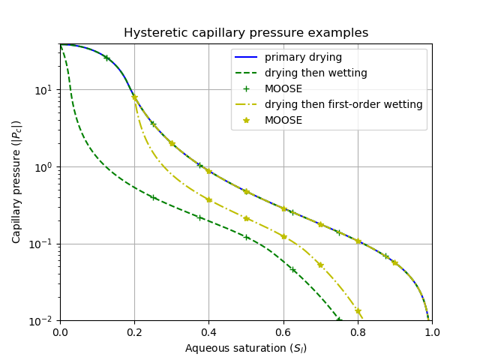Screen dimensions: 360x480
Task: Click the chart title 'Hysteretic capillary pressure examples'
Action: (246, 33)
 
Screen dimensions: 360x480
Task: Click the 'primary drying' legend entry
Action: (303, 58)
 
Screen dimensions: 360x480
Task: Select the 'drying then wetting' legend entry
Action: (315, 73)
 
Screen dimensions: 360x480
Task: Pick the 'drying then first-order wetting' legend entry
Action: (343, 104)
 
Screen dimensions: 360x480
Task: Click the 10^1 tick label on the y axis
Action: (44, 90)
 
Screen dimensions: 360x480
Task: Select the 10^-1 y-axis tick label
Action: (43, 244)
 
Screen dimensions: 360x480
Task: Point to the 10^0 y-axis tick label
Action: (44, 166)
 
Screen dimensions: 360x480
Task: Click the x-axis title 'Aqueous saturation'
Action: (246, 348)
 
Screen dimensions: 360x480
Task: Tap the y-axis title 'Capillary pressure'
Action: (16, 181)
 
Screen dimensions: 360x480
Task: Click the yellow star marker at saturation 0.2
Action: (135, 97)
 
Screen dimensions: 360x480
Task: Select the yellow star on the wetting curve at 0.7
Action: (320, 265)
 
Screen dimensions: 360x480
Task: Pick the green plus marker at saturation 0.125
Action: (106, 58)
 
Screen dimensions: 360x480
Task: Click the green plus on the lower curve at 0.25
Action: (153, 197)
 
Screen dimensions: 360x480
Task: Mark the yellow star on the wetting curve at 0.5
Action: (246, 218)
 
